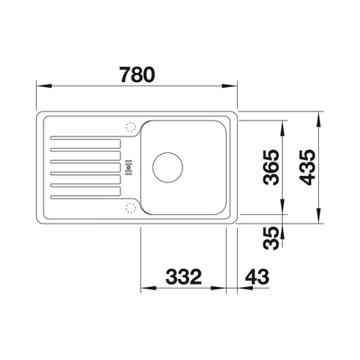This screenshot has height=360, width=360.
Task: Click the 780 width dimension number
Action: tap(137, 74)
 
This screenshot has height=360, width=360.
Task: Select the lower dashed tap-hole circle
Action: tap(131, 206)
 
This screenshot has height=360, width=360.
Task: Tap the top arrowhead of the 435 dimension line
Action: tap(320, 113)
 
